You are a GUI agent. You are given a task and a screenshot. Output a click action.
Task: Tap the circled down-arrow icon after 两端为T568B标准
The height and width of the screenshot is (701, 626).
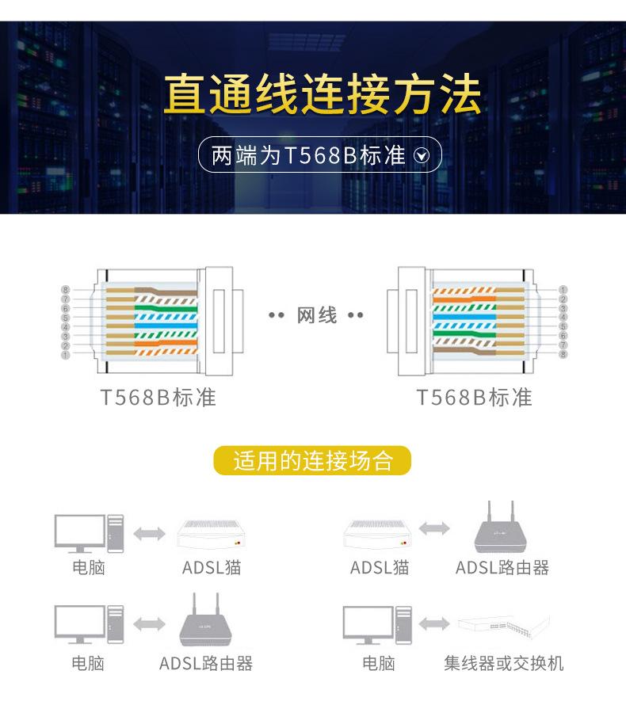pyautogui.click(x=422, y=155)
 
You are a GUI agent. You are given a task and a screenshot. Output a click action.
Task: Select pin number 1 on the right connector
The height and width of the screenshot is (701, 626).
pyautogui.click(x=563, y=290)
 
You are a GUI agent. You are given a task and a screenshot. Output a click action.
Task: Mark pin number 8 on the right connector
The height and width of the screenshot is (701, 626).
pyautogui.click(x=563, y=354)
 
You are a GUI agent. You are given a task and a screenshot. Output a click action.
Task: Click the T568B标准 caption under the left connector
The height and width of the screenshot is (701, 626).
pyautogui.click(x=158, y=397)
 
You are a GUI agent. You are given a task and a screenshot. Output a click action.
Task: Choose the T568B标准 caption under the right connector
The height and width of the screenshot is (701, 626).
pyautogui.click(x=474, y=397)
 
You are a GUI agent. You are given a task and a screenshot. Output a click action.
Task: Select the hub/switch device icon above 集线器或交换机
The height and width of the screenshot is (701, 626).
pyautogui.click(x=504, y=626)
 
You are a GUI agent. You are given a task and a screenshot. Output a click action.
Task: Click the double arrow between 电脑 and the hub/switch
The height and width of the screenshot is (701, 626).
pyautogui.click(x=433, y=625)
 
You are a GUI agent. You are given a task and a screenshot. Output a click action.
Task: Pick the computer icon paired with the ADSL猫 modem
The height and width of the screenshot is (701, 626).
pyautogui.click(x=90, y=533)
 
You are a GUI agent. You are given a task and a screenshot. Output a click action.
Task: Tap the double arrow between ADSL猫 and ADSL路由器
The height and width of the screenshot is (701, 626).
pyautogui.click(x=433, y=528)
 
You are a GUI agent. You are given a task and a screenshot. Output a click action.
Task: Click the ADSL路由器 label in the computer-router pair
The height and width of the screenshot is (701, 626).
pyautogui.click(x=206, y=662)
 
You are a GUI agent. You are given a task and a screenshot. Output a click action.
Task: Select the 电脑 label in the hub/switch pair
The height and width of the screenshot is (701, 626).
pyautogui.click(x=378, y=662)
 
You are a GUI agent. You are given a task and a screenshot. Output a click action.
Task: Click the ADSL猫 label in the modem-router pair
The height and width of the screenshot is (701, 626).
pyautogui.click(x=380, y=567)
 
